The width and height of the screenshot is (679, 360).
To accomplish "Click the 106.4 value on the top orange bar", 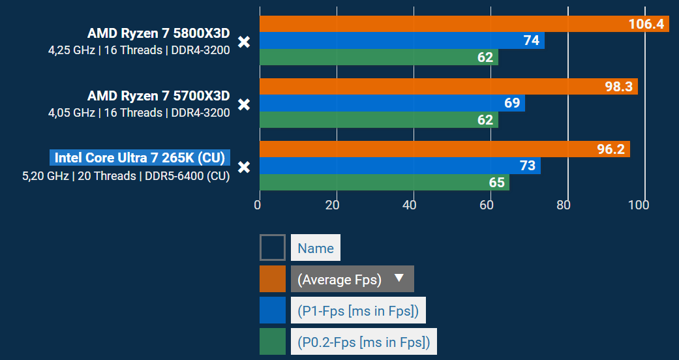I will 646,24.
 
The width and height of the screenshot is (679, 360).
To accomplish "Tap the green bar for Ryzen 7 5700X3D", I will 378,120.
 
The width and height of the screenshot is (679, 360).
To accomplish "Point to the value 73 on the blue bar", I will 527,166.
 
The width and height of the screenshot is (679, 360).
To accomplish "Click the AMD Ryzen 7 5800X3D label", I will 158,34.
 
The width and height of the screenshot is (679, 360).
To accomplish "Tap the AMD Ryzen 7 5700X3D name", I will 158,97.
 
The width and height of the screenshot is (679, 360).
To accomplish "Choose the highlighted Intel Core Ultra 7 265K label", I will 140,158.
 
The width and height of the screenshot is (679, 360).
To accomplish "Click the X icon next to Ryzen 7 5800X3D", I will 244,42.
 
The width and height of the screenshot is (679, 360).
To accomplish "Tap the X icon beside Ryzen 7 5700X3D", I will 244,104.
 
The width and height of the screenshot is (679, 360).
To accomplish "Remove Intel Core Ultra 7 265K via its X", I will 244,167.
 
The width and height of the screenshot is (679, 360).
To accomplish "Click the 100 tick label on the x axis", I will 638,205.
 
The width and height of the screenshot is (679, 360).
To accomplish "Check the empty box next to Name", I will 273,248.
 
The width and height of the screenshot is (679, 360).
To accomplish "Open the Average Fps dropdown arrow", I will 400,279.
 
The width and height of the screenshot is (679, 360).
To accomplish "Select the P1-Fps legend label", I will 358,310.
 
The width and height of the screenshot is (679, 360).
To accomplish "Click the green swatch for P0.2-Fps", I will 273,342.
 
